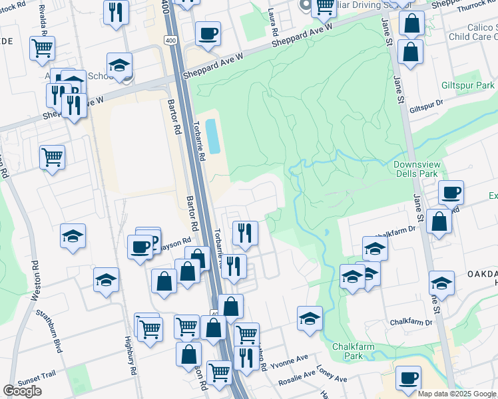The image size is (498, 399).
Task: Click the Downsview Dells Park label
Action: coord(424,169)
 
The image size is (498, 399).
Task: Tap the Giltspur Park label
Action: coord(468,86)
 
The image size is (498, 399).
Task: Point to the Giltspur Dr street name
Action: coord(426,106)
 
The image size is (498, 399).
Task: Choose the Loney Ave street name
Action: coord(332,374)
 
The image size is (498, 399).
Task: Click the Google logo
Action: coord(23,391)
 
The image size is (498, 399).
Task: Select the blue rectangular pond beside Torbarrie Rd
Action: coord(213,136)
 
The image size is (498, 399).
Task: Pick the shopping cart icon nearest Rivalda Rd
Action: coord(42,47)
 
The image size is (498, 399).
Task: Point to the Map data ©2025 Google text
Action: coord(457,394)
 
